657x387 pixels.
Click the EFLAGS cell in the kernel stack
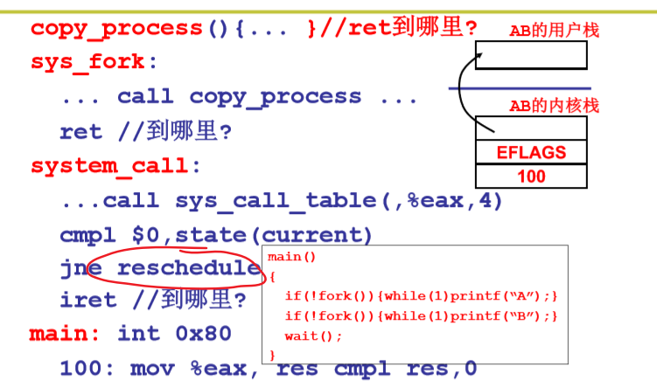coord(531,153)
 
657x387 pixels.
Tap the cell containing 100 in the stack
coord(531,176)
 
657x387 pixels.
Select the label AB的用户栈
coord(555,31)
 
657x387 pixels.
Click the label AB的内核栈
coord(555,107)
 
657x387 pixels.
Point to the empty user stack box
coord(531,55)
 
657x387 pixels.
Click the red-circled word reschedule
coord(188,267)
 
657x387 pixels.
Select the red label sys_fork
coord(93,63)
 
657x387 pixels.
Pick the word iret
coord(87,300)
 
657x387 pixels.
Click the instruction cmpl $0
coord(113,235)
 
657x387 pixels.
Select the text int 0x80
coord(175,334)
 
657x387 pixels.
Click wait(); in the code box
coord(313,336)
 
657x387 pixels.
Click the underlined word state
coord(214,235)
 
